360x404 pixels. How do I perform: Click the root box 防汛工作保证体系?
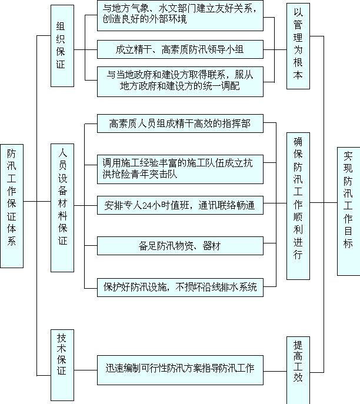pyautogui.click(x=12, y=206)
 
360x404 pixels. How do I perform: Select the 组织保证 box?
pyautogui.click(x=62, y=46)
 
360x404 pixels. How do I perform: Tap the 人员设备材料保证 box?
pyautogui.click(x=62, y=208)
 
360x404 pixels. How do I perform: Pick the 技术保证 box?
pyautogui.click(x=62, y=365)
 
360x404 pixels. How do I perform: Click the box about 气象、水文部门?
pyautogui.click(x=180, y=16)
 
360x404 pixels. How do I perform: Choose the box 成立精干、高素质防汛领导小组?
pyautogui.click(x=180, y=49)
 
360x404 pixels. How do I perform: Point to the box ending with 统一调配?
pyautogui.click(x=180, y=82)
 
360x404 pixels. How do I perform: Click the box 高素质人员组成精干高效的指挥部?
pyautogui.click(x=180, y=123)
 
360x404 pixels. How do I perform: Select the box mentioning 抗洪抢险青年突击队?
pyautogui.click(x=180, y=169)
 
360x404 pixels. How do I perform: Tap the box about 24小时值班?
pyautogui.click(x=180, y=205)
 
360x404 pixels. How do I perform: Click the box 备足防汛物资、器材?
pyautogui.click(x=180, y=246)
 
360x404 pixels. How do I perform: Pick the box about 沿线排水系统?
pyautogui.click(x=180, y=288)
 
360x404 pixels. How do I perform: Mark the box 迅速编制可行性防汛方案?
pyautogui.click(x=180, y=370)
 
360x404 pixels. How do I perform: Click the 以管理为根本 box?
pyautogui.click(x=298, y=46)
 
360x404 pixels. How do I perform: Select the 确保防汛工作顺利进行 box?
pyautogui.click(x=298, y=206)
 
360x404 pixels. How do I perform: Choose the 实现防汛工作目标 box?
pyautogui.click(x=349, y=211)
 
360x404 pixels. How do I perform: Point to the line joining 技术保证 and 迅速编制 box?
pyautogui.click(x=85, y=370)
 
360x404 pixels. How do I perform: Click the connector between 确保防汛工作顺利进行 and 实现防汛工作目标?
pyautogui.click(x=324, y=202)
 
